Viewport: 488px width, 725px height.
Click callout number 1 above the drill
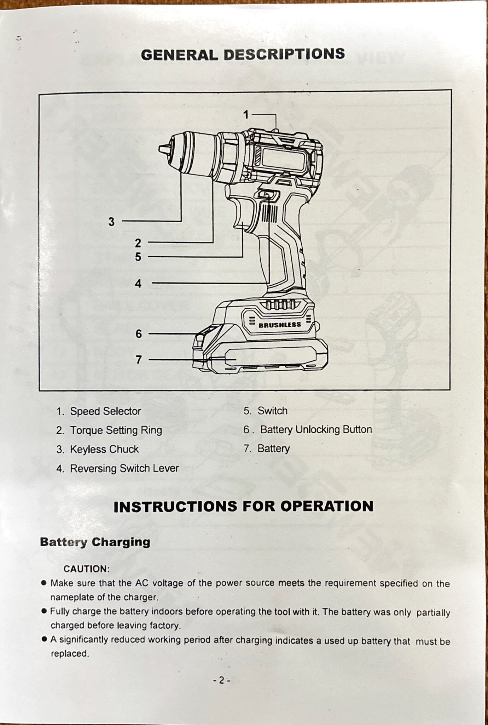(x=246, y=115)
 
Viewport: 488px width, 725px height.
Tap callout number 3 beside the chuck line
(x=111, y=222)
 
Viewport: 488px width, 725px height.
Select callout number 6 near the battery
(x=139, y=334)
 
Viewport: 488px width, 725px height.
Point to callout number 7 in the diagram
(x=139, y=360)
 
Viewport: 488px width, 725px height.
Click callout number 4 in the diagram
(x=138, y=284)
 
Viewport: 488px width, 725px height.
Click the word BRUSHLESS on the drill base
(x=280, y=325)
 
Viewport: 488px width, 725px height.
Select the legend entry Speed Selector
(x=105, y=411)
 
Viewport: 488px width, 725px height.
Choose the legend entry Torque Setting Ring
(x=116, y=430)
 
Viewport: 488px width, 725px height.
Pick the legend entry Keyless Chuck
(x=104, y=449)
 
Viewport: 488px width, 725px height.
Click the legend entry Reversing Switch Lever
(x=124, y=468)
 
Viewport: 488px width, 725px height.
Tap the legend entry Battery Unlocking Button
(x=315, y=429)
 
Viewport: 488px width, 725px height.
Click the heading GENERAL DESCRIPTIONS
(x=243, y=55)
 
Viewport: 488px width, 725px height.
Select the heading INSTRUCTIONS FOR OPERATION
(x=243, y=506)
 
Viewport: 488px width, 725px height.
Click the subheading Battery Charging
(x=95, y=542)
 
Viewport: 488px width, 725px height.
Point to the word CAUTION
(x=86, y=569)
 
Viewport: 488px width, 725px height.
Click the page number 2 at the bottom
(x=221, y=680)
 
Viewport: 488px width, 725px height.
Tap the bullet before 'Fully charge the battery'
(x=44, y=611)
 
